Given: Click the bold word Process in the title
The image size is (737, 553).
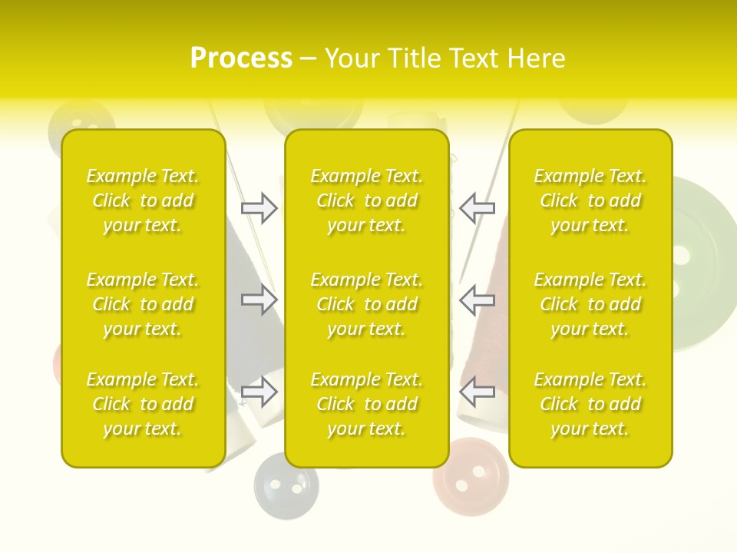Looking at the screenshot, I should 241,58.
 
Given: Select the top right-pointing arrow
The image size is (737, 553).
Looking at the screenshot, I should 259,208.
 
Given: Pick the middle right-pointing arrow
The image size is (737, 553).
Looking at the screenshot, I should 259,300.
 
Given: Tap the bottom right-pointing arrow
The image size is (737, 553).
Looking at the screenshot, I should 259,392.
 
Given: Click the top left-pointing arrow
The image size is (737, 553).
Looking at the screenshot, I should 477,208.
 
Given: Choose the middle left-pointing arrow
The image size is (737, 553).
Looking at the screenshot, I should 477,300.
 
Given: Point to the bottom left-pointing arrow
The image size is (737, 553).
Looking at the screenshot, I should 477,392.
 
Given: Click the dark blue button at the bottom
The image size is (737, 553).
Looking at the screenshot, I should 286,485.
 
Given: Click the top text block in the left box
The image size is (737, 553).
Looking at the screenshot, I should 143,200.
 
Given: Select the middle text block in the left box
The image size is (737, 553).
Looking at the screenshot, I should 143,304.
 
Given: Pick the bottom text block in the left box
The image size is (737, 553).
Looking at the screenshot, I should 143,404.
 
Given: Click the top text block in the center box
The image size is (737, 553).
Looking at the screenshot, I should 366,200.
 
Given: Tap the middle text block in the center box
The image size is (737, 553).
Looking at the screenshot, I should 366,304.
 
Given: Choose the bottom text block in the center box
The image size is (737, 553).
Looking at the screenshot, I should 366,404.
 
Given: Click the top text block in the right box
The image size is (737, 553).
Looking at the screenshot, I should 590,200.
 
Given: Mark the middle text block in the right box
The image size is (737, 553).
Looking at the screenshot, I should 590,304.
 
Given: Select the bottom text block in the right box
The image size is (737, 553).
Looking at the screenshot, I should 590,404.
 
